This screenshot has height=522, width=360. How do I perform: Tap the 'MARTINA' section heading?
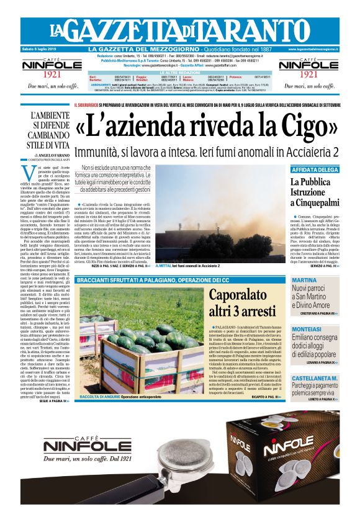point(305,280)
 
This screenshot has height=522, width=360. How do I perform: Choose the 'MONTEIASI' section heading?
point(308,328)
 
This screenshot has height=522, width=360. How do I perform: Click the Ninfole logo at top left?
point(52,64)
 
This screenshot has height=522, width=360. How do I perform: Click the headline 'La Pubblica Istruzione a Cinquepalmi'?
point(315,192)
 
